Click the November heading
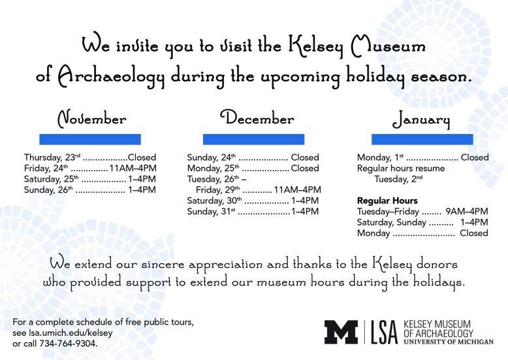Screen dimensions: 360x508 click(92, 120)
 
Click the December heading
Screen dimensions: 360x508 click(257, 118)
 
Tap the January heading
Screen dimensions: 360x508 click(421, 121)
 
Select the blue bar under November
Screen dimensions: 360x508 click(90, 139)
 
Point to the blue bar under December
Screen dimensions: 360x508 click(253, 139)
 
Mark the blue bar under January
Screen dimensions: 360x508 click(422, 139)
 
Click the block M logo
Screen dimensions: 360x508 click(341, 331)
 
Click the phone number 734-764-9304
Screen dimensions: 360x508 click(65, 343)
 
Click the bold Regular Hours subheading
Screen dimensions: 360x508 click(387, 201)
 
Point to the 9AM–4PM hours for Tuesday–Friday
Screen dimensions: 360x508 click(466, 212)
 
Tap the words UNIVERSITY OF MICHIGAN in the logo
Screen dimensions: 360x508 click(449, 342)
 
